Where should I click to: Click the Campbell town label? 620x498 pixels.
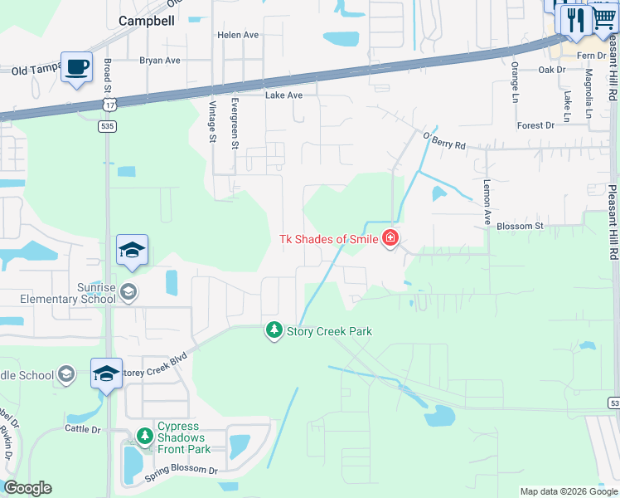pyautogui.click(x=147, y=21)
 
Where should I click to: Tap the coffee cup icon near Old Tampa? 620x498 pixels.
pyautogui.click(x=77, y=67)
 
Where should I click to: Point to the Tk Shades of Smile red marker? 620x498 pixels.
pyautogui.click(x=390, y=240)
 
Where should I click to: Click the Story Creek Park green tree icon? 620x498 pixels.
pyautogui.click(x=274, y=331)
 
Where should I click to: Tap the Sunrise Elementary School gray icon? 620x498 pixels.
pyautogui.click(x=128, y=291)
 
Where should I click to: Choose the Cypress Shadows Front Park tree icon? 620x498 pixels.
pyautogui.click(x=145, y=437)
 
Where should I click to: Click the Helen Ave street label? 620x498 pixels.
pyautogui.click(x=238, y=35)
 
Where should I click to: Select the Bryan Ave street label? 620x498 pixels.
pyautogui.click(x=160, y=61)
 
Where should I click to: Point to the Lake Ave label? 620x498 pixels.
pyautogui.click(x=283, y=95)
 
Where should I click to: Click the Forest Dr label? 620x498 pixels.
pyautogui.click(x=535, y=125)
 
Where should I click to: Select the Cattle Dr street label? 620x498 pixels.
pyautogui.click(x=82, y=429)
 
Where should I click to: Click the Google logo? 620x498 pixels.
pyautogui.click(x=27, y=488)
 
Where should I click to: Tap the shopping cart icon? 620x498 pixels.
pyautogui.click(x=604, y=17)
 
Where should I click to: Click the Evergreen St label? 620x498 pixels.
pyautogui.click(x=235, y=123)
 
